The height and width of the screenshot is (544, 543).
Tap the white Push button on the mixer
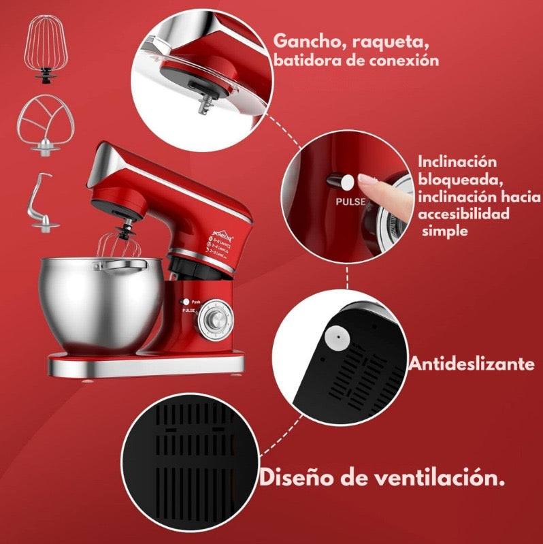click(x=184, y=301)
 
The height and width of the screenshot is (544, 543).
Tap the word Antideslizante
click(x=471, y=364)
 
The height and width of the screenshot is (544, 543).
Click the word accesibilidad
click(x=465, y=214)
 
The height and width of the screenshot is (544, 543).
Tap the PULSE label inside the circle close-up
click(x=350, y=202)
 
